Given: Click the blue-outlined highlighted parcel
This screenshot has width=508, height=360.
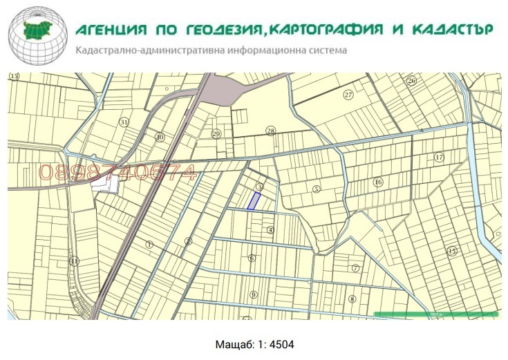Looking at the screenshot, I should [254, 201].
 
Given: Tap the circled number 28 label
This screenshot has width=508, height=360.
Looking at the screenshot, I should [270, 131].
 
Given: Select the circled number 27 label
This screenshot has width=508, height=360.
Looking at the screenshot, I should [348, 95].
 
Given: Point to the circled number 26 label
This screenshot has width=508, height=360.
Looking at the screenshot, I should [411, 81].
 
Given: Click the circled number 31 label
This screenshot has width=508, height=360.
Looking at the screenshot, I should [124, 122].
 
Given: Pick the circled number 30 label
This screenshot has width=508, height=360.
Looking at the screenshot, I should [160, 137].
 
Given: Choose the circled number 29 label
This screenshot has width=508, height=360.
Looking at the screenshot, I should [216, 134].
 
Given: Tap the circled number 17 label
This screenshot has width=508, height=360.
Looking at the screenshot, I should [438, 158].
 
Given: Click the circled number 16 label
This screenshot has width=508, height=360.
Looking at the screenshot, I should [377, 182].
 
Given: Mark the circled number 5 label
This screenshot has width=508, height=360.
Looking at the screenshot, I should [317, 189].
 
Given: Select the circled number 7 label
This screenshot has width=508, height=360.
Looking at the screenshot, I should [356, 268].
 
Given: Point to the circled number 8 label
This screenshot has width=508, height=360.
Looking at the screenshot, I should [352, 299].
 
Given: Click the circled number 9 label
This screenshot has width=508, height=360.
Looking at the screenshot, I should [254, 295].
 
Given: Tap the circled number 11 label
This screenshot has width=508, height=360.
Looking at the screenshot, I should [75, 261].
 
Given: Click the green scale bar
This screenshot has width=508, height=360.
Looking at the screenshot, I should [435, 314].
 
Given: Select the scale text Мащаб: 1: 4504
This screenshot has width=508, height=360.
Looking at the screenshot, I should [254, 343].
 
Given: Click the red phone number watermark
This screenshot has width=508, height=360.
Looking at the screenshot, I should [117, 173].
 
